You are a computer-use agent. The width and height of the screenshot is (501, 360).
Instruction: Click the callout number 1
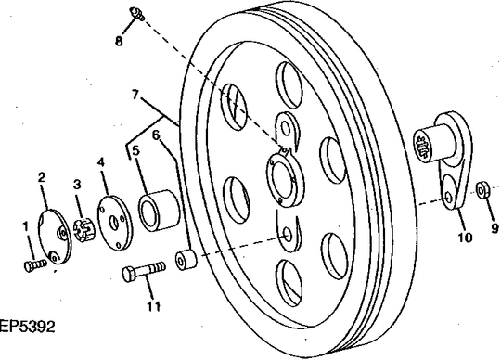coord(26,226)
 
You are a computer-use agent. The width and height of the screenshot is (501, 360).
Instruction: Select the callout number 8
coord(119,41)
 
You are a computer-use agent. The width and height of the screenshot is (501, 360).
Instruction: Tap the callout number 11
coord(154,307)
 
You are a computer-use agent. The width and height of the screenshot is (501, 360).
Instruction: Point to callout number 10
coord(465,238)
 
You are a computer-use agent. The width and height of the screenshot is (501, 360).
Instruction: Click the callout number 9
coord(495,228)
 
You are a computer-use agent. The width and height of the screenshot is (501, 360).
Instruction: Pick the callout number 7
coord(135,95)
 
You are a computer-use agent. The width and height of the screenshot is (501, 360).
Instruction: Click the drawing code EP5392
coord(27,327)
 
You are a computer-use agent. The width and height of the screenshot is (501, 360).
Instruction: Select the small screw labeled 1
coord(35,265)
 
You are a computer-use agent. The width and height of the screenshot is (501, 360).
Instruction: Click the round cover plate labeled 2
coord(55,237)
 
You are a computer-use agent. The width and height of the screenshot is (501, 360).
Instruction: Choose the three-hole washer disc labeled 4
coord(114,223)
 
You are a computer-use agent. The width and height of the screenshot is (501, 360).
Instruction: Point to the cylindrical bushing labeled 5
coord(160,211)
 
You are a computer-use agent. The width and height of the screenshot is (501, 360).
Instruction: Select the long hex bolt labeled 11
coord(144,272)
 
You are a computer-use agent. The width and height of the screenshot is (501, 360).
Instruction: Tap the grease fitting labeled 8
coord(137,14)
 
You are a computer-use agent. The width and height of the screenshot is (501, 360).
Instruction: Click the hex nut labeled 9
coord(482,190)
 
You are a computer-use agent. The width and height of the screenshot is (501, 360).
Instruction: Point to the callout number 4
coord(101,162)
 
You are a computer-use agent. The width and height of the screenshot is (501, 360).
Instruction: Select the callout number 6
coord(156,135)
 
